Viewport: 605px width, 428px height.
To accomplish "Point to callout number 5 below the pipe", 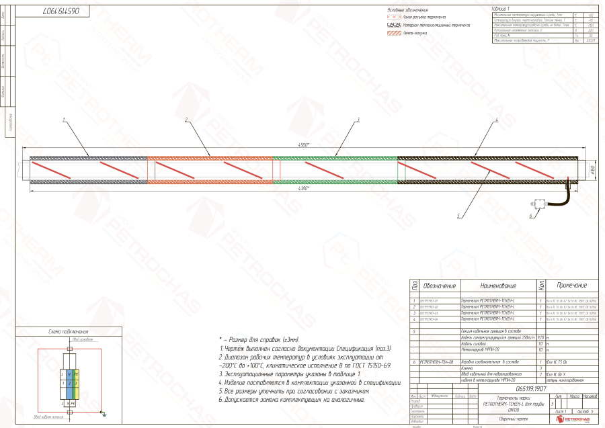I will point(459,216).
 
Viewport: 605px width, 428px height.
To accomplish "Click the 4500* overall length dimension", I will point(303,145).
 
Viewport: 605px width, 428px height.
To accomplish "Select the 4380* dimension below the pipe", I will point(303,188).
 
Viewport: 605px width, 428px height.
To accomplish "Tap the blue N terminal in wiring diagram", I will point(69,373).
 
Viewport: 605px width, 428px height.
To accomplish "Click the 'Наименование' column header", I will point(497,287).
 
